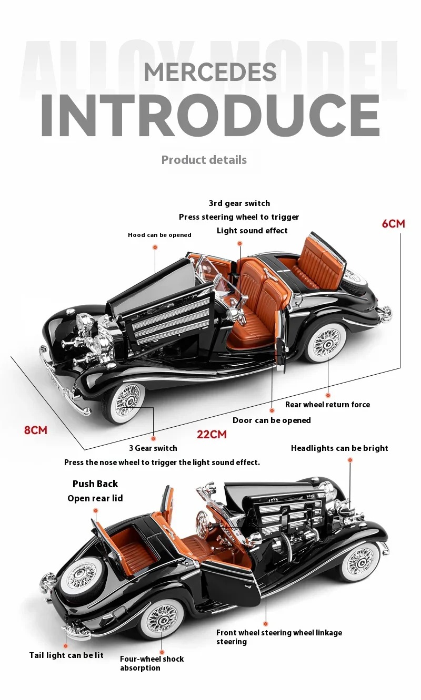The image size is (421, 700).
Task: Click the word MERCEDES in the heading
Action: coord(210,72)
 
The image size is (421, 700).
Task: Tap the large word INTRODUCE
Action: coord(210,116)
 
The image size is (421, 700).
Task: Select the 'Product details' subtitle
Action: coord(204,160)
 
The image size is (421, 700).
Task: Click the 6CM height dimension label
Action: coord(393,223)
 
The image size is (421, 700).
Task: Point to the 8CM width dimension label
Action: coord(36,430)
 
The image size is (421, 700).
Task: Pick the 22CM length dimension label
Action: coord(212,435)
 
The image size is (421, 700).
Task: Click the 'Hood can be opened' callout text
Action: coord(159,235)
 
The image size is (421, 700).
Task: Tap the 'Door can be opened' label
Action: coord(272,420)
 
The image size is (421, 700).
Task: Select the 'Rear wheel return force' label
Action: coord(327,405)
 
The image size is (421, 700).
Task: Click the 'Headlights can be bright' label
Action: coord(339,448)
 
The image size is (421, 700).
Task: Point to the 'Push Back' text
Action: coord(95,484)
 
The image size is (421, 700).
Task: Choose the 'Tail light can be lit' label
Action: coord(66,655)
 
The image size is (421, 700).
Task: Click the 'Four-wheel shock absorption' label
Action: coord(152,663)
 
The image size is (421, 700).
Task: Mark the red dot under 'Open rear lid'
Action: coord(95,510)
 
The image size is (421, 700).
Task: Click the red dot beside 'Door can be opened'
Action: coord(272,409)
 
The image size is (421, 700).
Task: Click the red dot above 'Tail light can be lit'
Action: coord(66,646)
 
